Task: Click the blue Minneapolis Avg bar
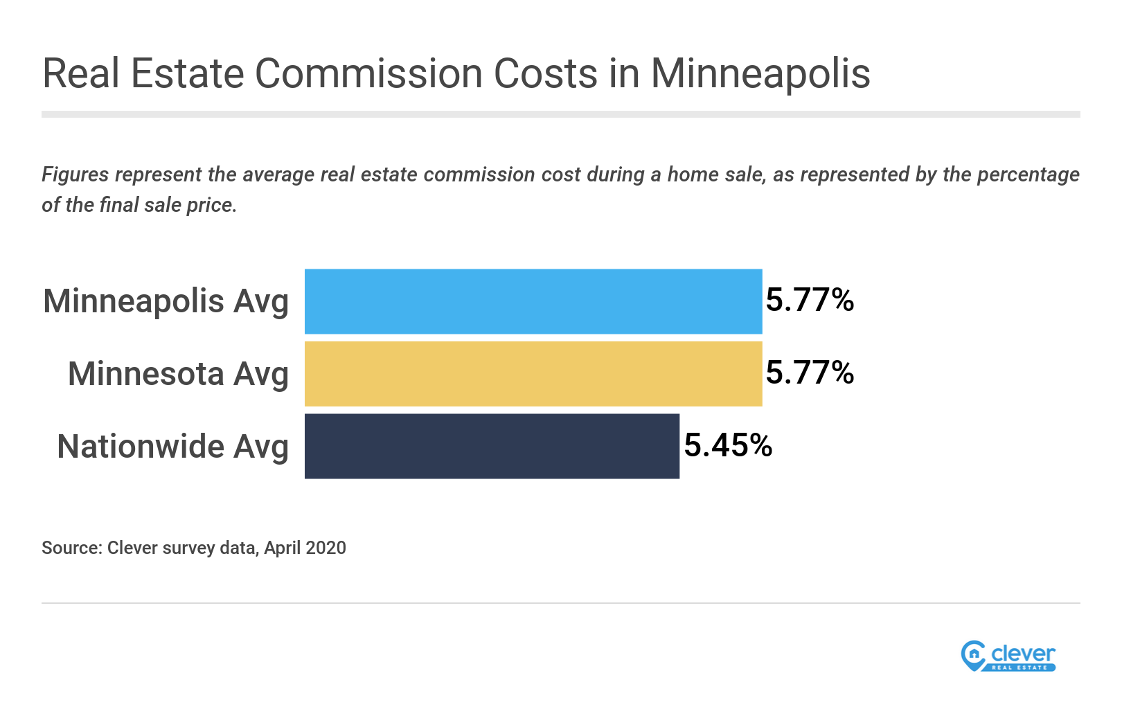[533, 301]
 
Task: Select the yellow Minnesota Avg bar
[533, 374]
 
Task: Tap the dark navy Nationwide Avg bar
[492, 446]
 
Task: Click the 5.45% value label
[728, 445]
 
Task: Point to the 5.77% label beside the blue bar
[810, 300]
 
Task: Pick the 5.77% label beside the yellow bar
[810, 373]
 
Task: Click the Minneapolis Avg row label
[166, 302]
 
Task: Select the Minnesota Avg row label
[178, 374]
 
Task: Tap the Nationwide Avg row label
[172, 447]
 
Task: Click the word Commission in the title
[368, 73]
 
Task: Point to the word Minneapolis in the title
[760, 73]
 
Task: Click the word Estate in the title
[187, 73]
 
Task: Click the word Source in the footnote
[71, 548]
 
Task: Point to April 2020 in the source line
[305, 548]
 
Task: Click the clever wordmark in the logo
[1022, 653]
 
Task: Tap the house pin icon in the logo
[973, 655]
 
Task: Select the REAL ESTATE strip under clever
[1020, 668]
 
